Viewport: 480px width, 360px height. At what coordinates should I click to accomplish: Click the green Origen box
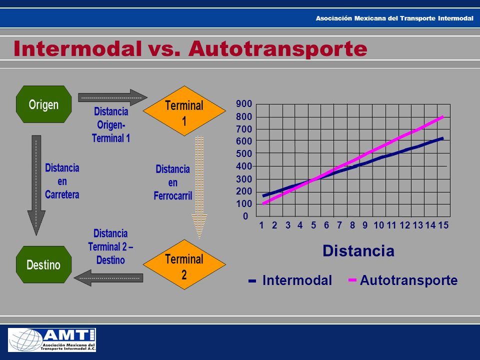tap(44, 104)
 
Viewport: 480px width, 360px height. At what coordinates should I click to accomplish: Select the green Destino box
tap(44, 264)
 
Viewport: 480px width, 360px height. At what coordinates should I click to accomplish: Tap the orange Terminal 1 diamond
tap(184, 111)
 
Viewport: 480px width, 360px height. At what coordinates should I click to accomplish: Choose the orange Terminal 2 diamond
tap(184, 264)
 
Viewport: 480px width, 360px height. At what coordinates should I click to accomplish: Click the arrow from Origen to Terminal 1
tap(112, 97)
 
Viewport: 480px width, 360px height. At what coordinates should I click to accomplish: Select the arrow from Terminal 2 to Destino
tap(108, 278)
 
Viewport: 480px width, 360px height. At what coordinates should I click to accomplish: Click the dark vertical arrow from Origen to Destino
tap(36, 185)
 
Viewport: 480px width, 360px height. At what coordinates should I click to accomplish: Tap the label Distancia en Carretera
tap(62, 181)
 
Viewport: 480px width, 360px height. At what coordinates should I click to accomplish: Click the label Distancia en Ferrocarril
tap(173, 182)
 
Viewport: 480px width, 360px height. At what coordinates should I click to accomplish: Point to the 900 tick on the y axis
tap(244, 104)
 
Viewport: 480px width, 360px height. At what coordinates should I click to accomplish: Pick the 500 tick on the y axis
tap(244, 153)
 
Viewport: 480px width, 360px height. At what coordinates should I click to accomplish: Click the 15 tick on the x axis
tap(443, 225)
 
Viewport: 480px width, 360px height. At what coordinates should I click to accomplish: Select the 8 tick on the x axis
tap(352, 225)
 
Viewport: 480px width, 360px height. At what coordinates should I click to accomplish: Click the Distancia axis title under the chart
tap(358, 250)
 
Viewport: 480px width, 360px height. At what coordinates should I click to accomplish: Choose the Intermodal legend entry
tap(290, 280)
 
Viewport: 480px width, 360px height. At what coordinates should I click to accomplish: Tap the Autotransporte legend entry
tap(403, 280)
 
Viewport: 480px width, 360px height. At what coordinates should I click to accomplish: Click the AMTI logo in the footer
tap(51, 340)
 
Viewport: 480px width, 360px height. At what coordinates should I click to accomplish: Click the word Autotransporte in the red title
tap(277, 48)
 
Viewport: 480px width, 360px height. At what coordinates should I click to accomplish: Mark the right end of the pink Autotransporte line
tap(443, 116)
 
